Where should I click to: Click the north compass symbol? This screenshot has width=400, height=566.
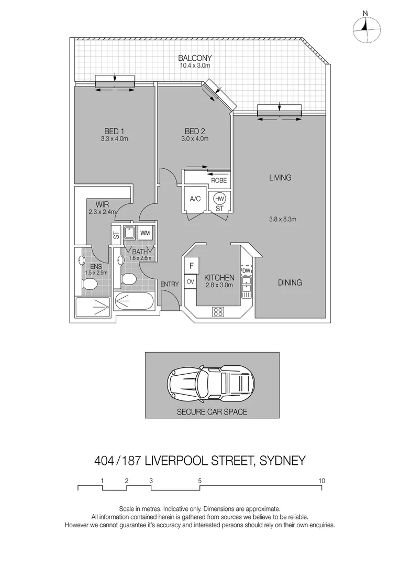point(365,26)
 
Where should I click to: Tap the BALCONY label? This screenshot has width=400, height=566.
point(195,58)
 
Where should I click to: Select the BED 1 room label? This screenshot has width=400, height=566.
point(114,131)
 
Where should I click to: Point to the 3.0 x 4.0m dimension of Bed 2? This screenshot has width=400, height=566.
point(195,139)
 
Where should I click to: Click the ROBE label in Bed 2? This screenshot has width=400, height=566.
point(218,180)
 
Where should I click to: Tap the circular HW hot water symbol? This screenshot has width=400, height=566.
point(219,199)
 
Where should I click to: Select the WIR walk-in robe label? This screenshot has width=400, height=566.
point(102,204)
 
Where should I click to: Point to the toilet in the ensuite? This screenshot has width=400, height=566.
point(90,283)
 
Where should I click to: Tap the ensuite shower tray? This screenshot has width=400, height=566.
point(93,307)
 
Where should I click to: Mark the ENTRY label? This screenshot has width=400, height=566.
point(170,284)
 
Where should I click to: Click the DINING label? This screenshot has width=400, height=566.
point(290,282)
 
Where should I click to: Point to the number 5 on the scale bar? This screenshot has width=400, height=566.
point(200,480)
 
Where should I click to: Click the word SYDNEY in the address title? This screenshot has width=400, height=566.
point(280,461)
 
